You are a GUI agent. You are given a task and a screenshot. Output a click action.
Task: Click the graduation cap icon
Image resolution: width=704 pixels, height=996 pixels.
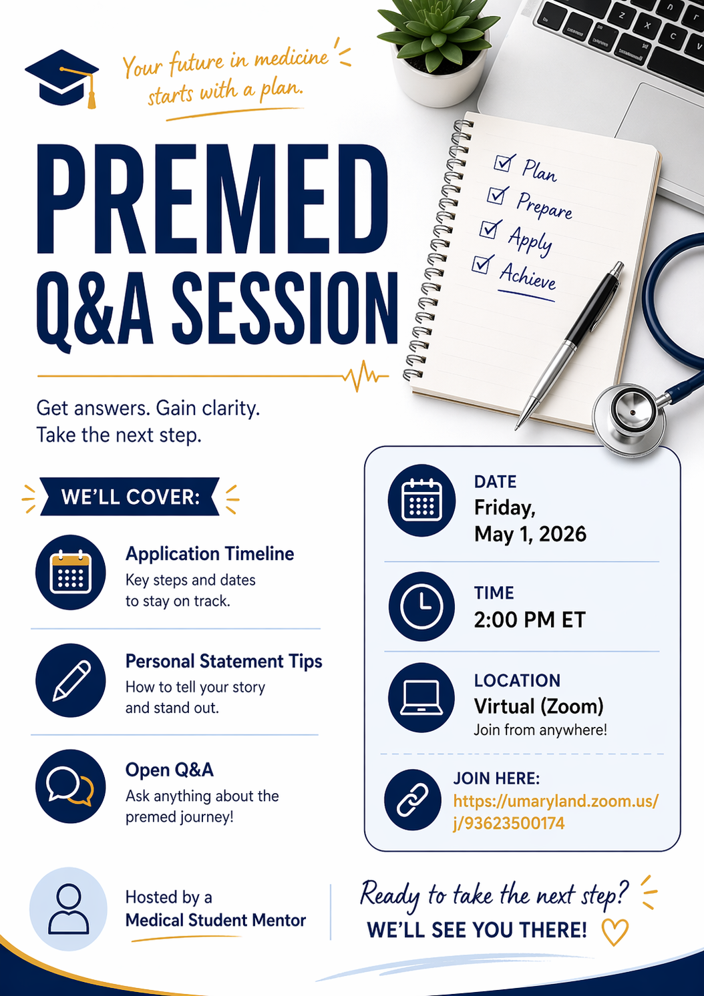pos(62,78)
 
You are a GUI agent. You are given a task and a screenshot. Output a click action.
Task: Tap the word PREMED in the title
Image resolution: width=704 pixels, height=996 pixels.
pos(212,200)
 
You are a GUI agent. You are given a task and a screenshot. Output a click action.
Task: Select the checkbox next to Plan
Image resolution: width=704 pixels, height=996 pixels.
pos(504,163)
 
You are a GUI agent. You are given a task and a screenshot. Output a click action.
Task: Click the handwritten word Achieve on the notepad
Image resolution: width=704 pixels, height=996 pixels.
pos(528,276)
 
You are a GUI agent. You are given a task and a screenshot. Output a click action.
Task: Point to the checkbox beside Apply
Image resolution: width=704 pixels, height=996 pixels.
pos(490,229)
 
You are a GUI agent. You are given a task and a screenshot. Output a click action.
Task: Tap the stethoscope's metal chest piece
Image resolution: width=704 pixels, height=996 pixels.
pos(629,419)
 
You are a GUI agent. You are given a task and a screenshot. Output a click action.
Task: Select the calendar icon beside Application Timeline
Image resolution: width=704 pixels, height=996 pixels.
pos(70,572)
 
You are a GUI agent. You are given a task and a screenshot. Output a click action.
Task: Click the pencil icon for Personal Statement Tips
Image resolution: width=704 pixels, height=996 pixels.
pos(70,680)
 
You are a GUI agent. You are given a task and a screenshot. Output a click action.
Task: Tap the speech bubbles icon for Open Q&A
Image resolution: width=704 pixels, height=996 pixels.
pos(70,786)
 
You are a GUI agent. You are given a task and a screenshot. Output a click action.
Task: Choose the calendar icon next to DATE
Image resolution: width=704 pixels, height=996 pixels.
pos(421,500)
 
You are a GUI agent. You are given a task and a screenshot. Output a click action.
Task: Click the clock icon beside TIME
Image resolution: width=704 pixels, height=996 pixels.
pos(421,607)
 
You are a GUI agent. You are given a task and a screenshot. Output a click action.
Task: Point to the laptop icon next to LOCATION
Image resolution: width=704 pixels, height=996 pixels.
pos(421,698)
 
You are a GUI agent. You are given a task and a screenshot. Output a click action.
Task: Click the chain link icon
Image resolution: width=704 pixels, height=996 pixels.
pos(413,800)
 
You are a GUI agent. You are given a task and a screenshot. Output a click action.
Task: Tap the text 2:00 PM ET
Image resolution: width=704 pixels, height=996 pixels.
pos(530,620)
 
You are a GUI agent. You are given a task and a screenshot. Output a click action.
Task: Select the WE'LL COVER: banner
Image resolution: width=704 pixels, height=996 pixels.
pos(130,497)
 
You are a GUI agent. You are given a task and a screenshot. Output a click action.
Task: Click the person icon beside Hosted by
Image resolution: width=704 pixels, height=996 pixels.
pos(69,909)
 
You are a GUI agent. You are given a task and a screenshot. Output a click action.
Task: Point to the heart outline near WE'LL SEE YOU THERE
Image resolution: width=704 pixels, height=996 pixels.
pos(614,932)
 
